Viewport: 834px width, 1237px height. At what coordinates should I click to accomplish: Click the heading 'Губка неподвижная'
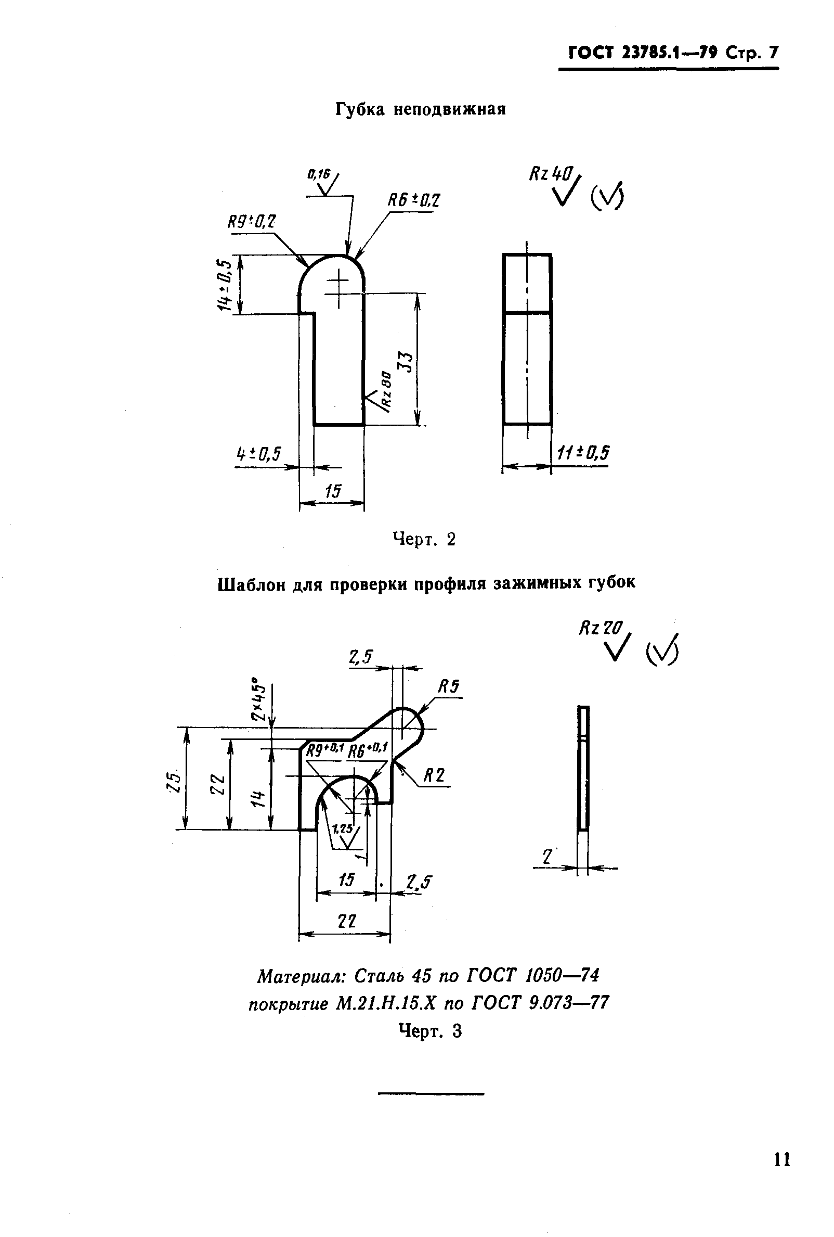(420, 109)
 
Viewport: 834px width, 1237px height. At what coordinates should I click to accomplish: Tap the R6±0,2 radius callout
(414, 201)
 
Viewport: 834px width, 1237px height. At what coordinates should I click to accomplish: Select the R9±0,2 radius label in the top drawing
(252, 221)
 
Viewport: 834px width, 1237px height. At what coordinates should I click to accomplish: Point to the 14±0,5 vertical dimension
(225, 286)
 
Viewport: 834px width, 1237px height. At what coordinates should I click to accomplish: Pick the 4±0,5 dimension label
(258, 454)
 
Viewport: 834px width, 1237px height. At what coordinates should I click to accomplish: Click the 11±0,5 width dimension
(583, 452)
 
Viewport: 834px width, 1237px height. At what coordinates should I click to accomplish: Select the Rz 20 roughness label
(600, 629)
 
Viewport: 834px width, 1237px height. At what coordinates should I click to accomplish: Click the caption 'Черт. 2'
(424, 540)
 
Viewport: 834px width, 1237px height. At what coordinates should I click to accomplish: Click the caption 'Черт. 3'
(431, 1031)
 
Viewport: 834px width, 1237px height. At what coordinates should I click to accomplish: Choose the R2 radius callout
(434, 776)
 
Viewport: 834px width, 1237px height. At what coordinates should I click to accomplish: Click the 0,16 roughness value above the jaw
(319, 173)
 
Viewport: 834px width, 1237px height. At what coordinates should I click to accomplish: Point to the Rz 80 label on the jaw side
(387, 390)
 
